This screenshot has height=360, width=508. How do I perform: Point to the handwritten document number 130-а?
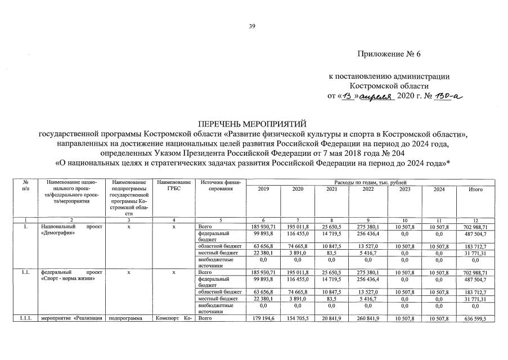446,96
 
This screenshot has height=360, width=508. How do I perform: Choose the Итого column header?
475,190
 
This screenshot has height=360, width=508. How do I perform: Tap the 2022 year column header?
368,190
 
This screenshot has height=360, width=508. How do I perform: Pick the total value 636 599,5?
475,319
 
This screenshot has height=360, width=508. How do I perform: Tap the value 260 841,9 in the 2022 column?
368,319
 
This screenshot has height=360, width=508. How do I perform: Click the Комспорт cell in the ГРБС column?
174,319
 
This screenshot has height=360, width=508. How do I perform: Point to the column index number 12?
475,219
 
